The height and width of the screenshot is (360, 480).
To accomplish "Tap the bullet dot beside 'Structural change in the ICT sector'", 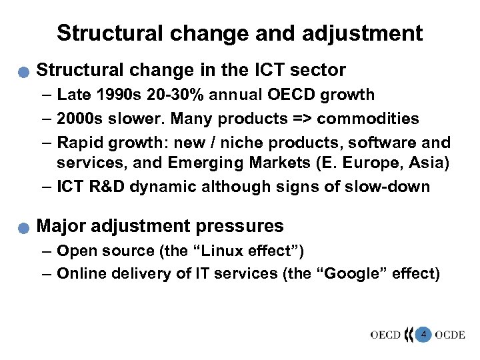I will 24,71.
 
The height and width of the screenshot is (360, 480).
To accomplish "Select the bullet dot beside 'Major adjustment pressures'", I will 24,227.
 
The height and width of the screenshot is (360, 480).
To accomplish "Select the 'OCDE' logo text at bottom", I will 450,334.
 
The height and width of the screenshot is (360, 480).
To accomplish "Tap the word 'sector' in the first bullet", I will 323,70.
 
